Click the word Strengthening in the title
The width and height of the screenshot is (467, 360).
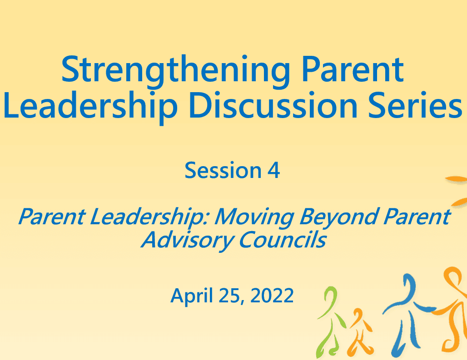[175, 71]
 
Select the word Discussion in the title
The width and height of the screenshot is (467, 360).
[273, 105]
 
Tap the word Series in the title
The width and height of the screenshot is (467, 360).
[415, 105]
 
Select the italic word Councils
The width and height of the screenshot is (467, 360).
[282, 240]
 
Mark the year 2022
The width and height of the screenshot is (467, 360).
[272, 296]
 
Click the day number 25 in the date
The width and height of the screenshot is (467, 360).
[230, 296]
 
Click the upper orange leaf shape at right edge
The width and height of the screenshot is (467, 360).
[457, 179]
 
